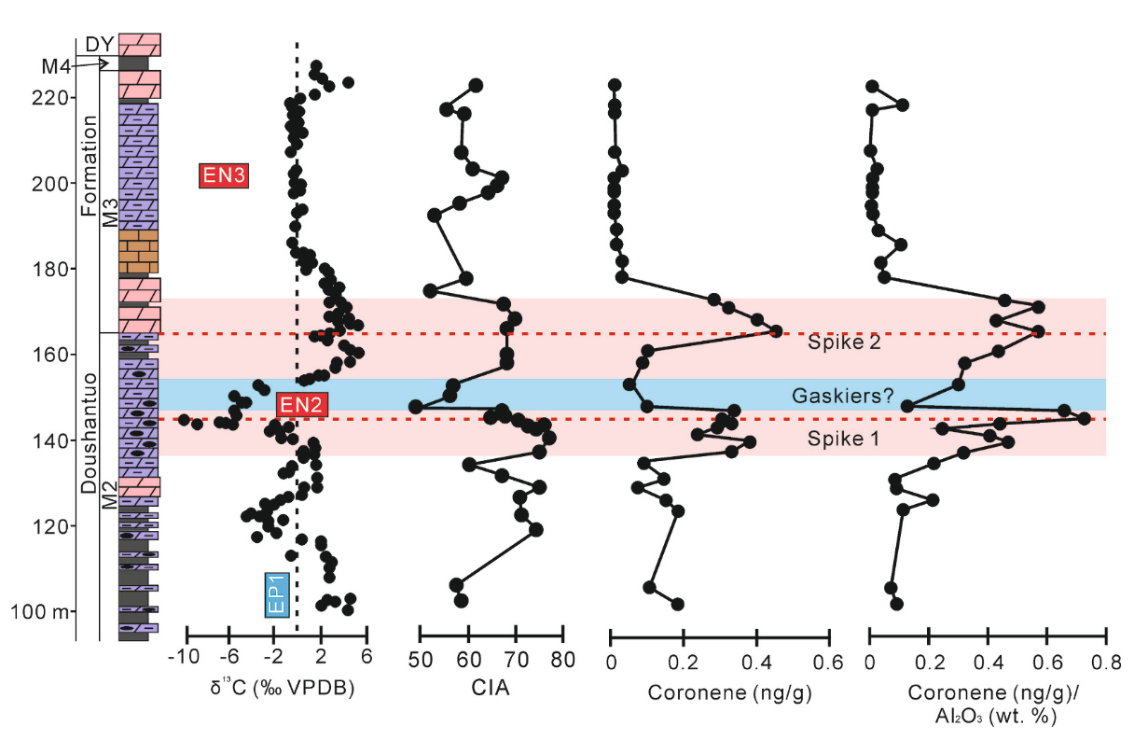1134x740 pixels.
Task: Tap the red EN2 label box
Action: [x=300, y=404]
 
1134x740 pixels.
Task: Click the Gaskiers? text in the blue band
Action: [x=843, y=396]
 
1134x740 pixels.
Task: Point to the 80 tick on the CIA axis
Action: [x=562, y=658]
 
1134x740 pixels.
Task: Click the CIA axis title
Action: [x=491, y=691]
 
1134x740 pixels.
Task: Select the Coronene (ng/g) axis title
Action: [x=718, y=691]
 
